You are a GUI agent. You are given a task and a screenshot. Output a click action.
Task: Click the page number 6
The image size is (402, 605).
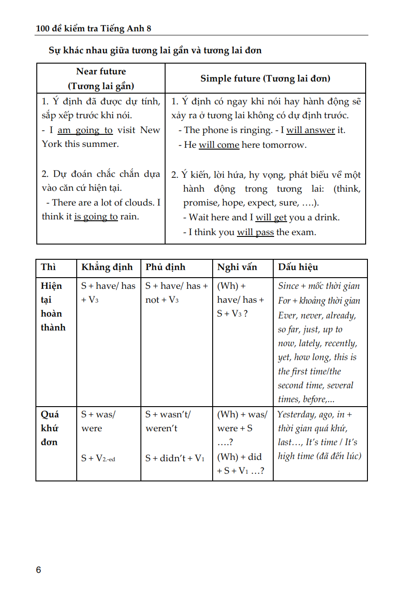coord(39,570)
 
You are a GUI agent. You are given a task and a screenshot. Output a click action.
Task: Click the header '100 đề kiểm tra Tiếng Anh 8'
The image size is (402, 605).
coord(93,29)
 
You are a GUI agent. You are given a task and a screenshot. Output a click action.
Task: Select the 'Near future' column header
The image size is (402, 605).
coord(101,72)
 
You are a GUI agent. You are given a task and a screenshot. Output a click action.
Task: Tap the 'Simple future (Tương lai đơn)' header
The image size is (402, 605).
coord(265,79)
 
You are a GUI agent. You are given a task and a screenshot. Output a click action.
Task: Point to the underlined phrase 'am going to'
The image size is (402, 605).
coord(85,130)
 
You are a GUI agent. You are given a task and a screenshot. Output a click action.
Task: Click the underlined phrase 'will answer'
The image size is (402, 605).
coord(310,130)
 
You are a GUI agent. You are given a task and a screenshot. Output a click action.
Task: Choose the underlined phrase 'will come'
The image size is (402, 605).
coord(219,145)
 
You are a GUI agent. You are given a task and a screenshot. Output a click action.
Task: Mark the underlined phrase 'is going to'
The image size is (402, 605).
coord(96,217)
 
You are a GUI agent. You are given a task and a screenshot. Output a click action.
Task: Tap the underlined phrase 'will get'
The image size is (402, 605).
coord(271,218)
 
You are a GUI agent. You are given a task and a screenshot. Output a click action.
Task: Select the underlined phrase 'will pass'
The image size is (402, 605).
coord(255,232)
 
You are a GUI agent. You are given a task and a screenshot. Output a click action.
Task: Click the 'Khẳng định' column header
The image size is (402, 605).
coord(107,267)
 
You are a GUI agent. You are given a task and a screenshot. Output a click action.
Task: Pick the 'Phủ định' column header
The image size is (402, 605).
coord(165,267)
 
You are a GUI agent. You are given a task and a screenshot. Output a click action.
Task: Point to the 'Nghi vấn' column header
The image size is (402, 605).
coord(237,267)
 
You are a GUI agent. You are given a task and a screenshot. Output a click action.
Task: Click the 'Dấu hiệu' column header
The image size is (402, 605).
coord(298,267)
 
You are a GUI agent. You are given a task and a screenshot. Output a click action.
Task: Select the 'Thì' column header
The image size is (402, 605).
coord(48,267)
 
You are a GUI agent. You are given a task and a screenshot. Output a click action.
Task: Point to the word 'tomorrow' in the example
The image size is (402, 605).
coord(284,145)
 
